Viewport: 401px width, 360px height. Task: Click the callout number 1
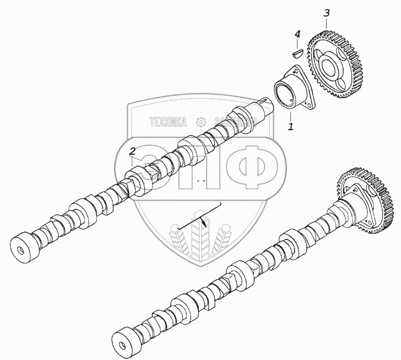[291, 126]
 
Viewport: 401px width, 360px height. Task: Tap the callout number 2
[132, 151]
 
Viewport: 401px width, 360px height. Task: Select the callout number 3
[327, 13]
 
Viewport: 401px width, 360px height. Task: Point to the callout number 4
[297, 35]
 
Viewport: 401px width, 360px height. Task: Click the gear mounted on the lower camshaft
[367, 201]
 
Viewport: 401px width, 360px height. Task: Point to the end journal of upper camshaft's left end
[23, 245]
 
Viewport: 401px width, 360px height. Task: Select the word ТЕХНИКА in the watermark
[168, 122]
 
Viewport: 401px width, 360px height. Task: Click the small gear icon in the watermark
[200, 122]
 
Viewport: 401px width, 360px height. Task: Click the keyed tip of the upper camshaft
[264, 103]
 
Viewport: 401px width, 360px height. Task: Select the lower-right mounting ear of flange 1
[311, 105]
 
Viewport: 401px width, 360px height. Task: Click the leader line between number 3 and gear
[326, 24]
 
